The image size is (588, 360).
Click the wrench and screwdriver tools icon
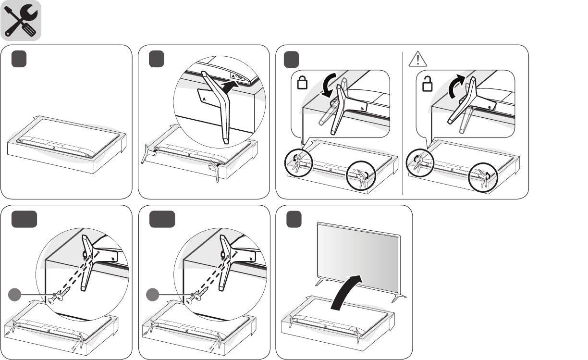click(x=21, y=21)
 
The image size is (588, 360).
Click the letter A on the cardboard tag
click(x=205, y=97)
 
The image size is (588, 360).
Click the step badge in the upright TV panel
click(x=294, y=220)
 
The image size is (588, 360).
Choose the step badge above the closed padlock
click(x=292, y=60)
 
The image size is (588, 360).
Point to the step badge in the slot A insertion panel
click(x=156, y=60)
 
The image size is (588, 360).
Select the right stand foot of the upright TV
click(x=399, y=298)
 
